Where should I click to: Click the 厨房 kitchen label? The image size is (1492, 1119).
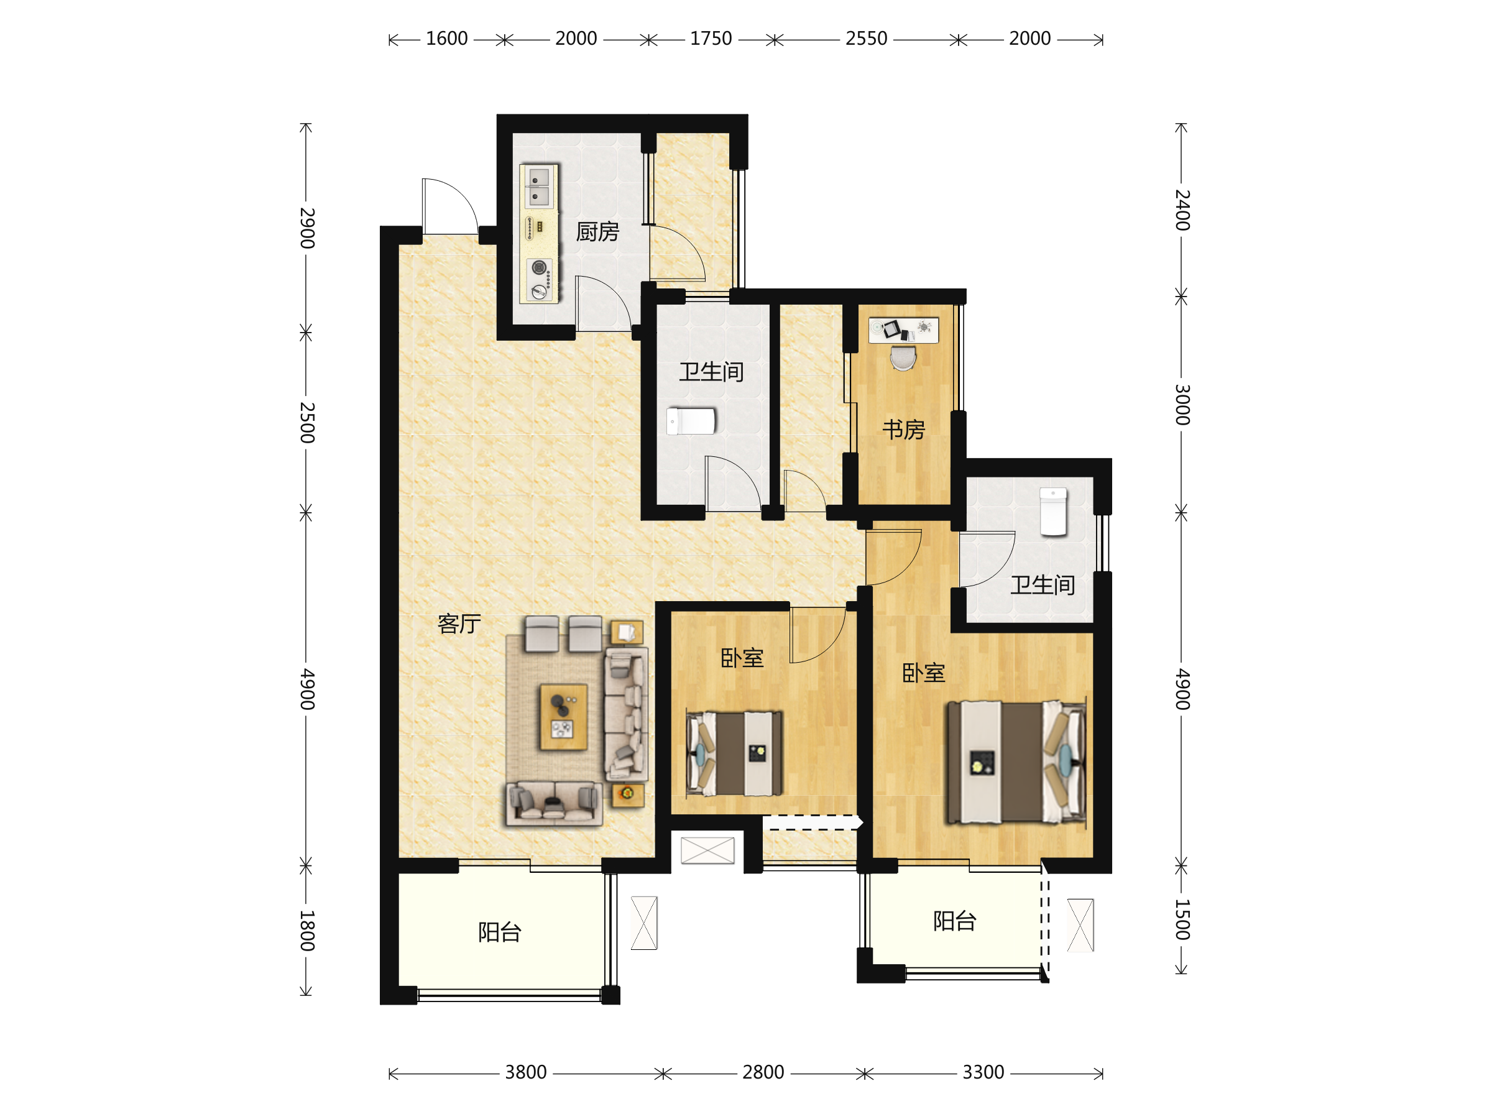tap(597, 232)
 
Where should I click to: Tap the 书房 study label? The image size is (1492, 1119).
tap(903, 430)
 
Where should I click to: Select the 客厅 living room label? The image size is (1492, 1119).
tap(459, 624)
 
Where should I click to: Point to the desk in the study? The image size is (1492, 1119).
tap(903, 331)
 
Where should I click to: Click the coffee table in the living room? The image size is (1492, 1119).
tap(563, 717)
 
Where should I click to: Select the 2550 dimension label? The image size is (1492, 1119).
tap(866, 39)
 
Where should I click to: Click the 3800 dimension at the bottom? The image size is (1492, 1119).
tap(525, 1072)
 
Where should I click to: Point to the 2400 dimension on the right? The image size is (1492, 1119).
tap(1182, 210)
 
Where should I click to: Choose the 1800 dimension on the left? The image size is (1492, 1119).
tap(307, 930)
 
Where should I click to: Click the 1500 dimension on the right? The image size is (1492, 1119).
tap(1182, 919)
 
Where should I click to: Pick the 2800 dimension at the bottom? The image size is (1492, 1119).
tap(763, 1072)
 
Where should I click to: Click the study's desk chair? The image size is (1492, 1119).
tap(903, 358)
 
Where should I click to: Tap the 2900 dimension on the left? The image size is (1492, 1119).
tap(307, 228)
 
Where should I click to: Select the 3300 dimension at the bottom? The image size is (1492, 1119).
tap(983, 1072)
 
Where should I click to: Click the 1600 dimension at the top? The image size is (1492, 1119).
tap(446, 39)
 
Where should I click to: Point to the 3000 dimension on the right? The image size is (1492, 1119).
tap(1182, 405)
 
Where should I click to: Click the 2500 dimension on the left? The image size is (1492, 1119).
tap(307, 422)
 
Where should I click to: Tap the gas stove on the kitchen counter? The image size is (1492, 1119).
tap(540, 279)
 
